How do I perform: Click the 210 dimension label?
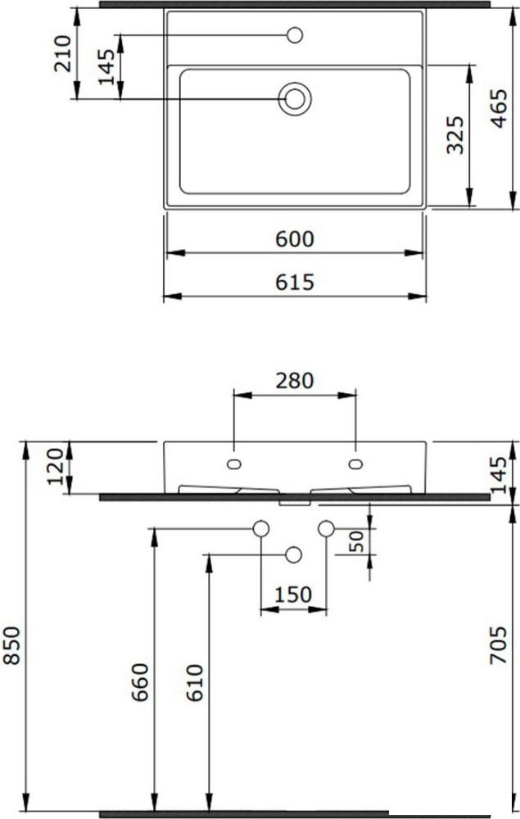[63, 53]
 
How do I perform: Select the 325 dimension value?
[455, 135]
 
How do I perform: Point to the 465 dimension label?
[500, 109]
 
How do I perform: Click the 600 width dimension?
[295, 239]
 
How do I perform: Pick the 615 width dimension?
[295, 282]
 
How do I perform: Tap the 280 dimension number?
[295, 381]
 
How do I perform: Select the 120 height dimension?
[56, 466]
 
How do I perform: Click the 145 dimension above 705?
[499, 475]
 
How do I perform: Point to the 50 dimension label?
[357, 541]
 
